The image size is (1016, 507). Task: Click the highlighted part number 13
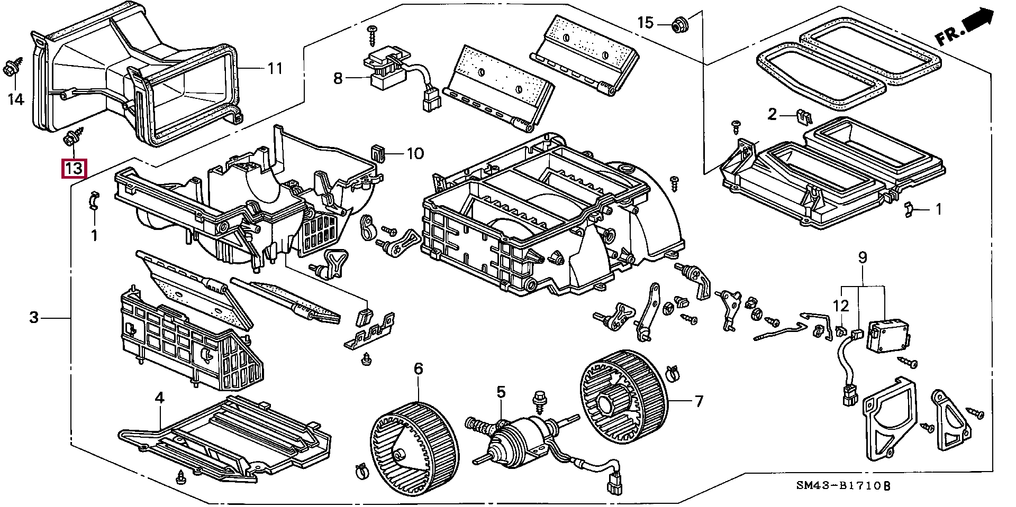73,169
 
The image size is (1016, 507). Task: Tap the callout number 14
16,98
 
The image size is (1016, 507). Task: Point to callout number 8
338,79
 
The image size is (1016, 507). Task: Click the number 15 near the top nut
646,23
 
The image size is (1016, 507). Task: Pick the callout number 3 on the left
34,318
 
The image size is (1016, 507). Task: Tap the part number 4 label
159,398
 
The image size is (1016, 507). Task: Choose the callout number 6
418,368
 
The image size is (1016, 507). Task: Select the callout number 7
699,402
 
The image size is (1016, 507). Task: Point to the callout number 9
863,258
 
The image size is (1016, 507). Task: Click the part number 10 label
415,154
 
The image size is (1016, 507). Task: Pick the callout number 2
772,114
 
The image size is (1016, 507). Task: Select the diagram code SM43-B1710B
846,486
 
